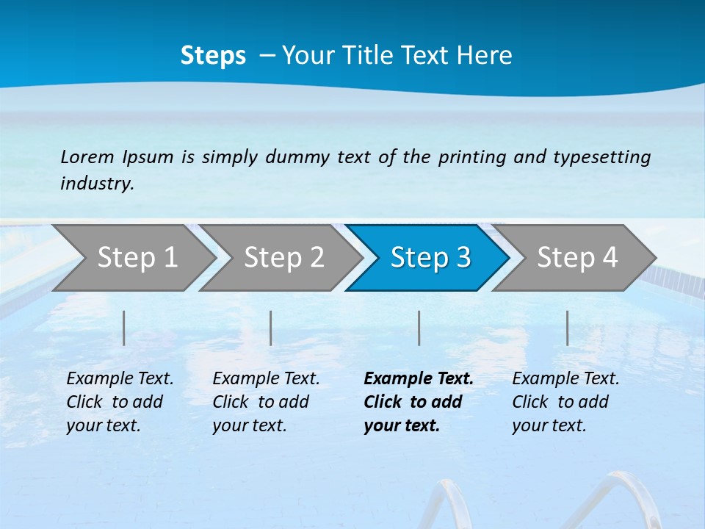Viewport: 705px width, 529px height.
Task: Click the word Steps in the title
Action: click(x=213, y=56)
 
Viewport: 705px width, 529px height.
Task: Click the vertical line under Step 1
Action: click(x=124, y=328)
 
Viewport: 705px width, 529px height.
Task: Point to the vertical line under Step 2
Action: click(x=271, y=328)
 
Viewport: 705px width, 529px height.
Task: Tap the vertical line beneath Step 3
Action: click(x=419, y=328)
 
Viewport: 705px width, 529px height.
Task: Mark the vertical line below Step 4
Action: click(x=568, y=328)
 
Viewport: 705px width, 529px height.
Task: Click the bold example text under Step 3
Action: click(x=418, y=402)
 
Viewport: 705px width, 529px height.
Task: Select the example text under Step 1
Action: click(x=120, y=402)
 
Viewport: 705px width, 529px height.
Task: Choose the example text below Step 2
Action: click(x=266, y=402)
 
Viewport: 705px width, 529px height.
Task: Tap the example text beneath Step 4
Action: click(x=565, y=402)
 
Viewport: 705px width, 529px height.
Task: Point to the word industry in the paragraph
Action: click(x=97, y=183)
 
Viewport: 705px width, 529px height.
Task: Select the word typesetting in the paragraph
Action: click(x=601, y=157)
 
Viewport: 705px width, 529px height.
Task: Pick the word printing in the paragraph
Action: click(x=472, y=157)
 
